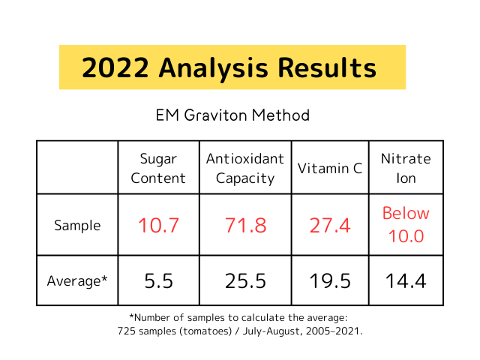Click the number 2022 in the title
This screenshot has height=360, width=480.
click(x=115, y=68)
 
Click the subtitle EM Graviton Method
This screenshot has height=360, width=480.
click(x=232, y=115)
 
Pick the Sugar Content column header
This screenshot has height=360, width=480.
click(x=158, y=168)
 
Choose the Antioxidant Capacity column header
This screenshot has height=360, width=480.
click(x=245, y=168)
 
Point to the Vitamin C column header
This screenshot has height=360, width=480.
click(x=330, y=168)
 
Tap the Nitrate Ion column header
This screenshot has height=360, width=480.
click(x=406, y=168)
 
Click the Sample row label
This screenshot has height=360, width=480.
click(x=76, y=225)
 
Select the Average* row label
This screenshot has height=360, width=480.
click(x=76, y=281)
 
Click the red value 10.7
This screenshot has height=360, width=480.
click(x=158, y=225)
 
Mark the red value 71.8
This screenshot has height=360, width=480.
click(x=245, y=225)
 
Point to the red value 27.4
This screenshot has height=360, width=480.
click(x=330, y=225)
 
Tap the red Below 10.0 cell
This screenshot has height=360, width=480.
click(x=406, y=225)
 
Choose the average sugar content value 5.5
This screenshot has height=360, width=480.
click(x=158, y=281)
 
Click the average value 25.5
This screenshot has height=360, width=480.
click(x=245, y=281)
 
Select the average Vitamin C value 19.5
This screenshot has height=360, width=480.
click(x=330, y=281)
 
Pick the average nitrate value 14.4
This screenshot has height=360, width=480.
click(x=406, y=281)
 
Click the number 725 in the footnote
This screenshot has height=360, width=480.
click(x=127, y=331)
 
